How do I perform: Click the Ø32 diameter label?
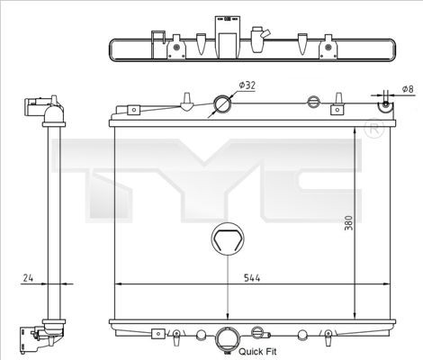[247, 85]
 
